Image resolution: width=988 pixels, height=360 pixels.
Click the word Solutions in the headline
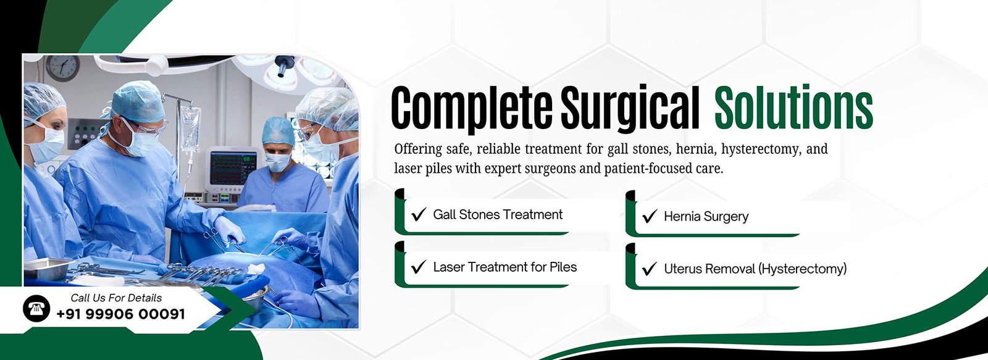pos(793,108)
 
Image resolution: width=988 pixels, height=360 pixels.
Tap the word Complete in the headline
pos(472,109)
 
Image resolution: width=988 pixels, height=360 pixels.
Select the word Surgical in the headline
pos(630,109)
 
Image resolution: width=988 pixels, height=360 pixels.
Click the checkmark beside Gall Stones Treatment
pos(418,214)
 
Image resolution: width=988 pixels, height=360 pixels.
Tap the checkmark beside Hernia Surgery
pos(649,216)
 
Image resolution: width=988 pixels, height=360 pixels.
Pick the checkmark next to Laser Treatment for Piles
pos(418,267)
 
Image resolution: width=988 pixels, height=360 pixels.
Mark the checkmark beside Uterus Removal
pos(649,269)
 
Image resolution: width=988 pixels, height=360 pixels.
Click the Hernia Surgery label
pos(706,217)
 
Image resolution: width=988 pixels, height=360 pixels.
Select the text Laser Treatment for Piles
pos(505,267)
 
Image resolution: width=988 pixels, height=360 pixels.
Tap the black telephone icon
pos(36,308)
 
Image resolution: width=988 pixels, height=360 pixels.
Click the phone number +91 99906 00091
pos(121,314)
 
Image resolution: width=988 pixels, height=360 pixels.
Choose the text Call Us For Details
pos(116,298)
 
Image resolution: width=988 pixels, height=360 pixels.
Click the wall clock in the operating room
pos(62,67)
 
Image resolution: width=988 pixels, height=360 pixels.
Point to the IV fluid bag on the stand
pos(191,128)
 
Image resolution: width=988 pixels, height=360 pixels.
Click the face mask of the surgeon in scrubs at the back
pos(277,161)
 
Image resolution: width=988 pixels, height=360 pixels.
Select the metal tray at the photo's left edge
pos(46,268)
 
